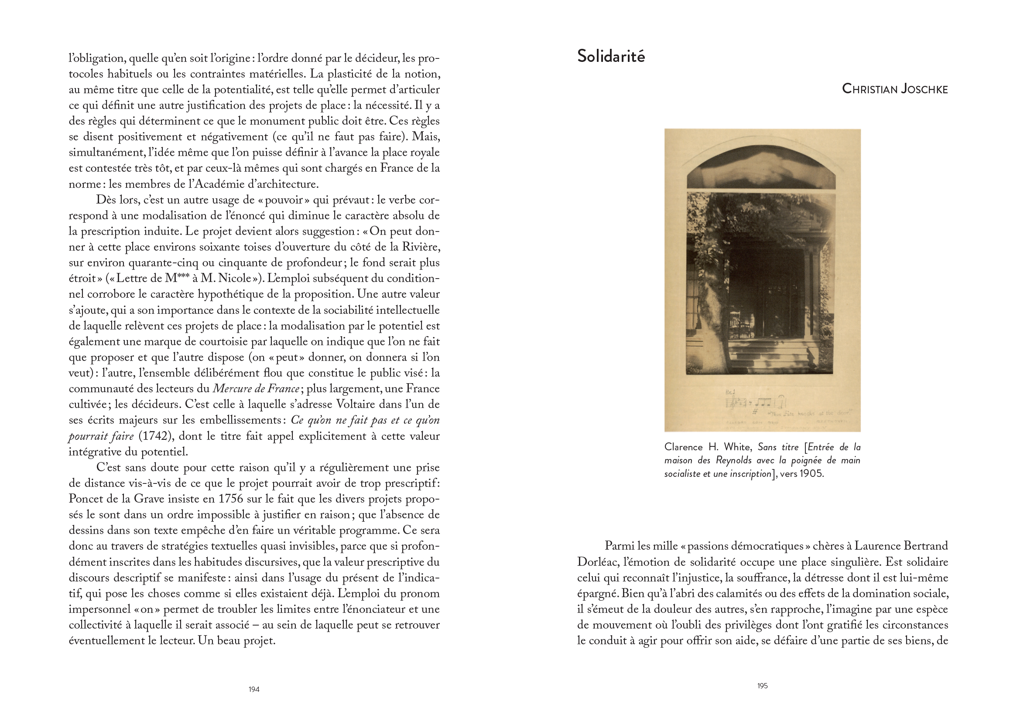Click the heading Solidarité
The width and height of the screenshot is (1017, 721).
[610, 56]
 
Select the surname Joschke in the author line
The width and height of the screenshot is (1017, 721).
[924, 89]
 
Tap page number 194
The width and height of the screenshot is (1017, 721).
[253, 689]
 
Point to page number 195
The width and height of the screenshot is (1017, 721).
[762, 686]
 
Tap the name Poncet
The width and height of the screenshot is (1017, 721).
[87, 499]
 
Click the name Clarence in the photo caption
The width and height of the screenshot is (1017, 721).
[683, 447]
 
